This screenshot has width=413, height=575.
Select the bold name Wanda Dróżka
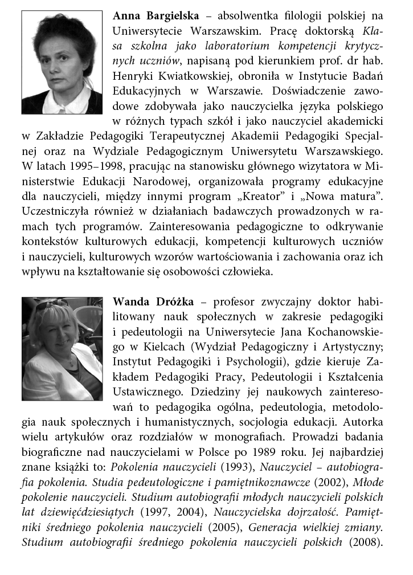tap(151, 301)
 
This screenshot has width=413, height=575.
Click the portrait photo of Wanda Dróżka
tap(62, 348)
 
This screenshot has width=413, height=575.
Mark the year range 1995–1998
tap(93, 166)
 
